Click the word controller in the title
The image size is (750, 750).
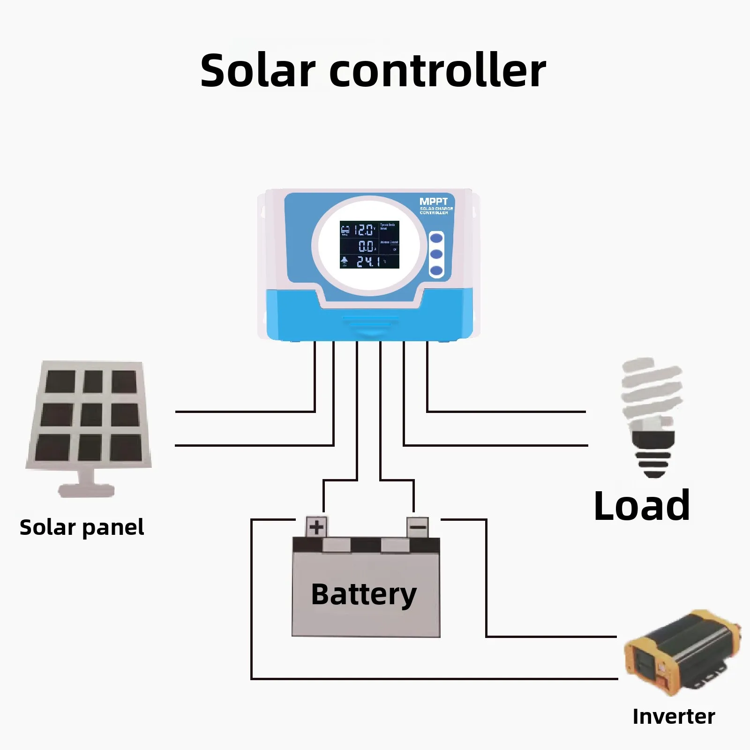438,71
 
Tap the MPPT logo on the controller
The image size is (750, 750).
434,202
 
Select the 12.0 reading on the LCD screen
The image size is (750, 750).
363,230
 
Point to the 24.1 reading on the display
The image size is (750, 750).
368,262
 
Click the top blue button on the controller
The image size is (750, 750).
436,238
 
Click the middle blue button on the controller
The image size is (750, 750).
436,254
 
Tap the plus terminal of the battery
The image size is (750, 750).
317,527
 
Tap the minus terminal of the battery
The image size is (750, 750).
417,527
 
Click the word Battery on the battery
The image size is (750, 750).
364,594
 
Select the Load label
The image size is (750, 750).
641,506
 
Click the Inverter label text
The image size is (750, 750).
673,717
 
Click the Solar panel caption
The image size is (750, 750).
82,528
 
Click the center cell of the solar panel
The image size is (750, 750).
91,415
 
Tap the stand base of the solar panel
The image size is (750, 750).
86,490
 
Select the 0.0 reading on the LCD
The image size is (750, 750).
366,246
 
